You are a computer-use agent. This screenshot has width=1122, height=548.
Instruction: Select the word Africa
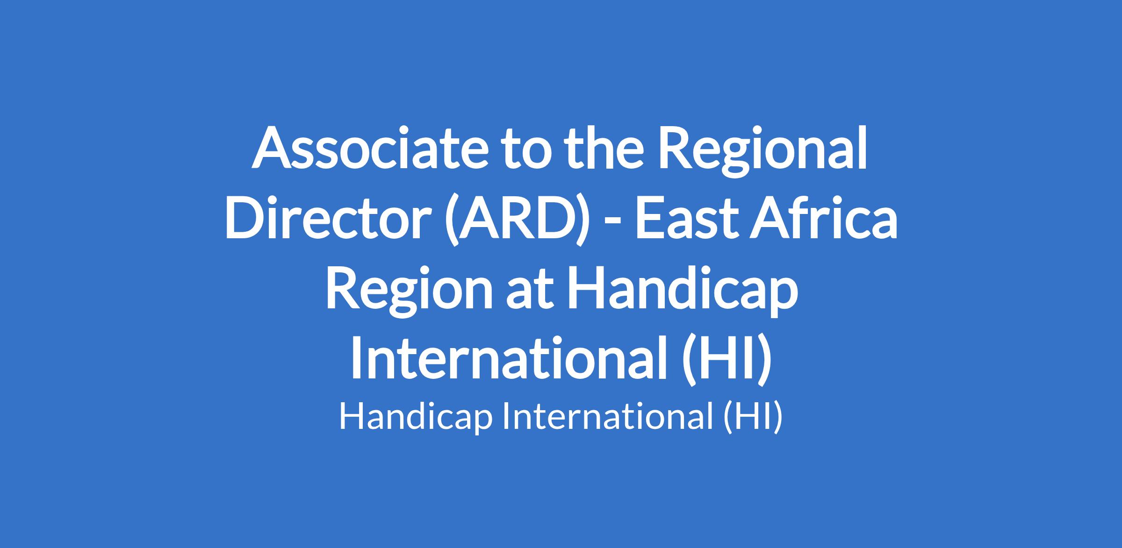click(823, 217)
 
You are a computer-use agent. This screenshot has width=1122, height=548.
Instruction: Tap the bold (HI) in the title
click(724, 360)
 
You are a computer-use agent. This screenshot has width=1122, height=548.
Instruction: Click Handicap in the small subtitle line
click(416, 417)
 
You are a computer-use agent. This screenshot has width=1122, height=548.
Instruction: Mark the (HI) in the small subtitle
click(752, 417)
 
